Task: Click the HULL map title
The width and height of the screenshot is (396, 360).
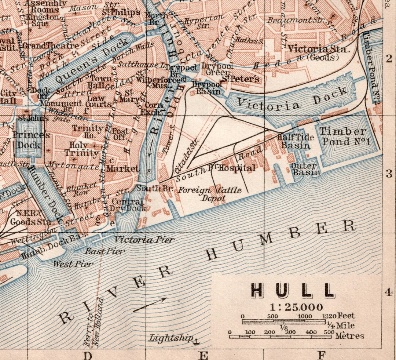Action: [293, 290]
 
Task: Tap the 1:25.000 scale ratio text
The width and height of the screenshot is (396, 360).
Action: [296, 307]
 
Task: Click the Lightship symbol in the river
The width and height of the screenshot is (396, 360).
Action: [197, 341]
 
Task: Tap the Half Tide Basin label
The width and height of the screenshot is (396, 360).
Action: [296, 141]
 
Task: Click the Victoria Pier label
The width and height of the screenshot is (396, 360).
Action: [144, 240]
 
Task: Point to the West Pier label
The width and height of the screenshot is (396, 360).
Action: [73, 264]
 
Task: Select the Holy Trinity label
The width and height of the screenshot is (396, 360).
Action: [81, 149]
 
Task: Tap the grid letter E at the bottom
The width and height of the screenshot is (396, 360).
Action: [204, 355]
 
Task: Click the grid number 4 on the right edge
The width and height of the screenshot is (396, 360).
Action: [388, 292]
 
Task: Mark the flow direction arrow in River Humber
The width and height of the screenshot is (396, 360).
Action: [150, 304]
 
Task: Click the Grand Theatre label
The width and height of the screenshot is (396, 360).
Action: [51, 46]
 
